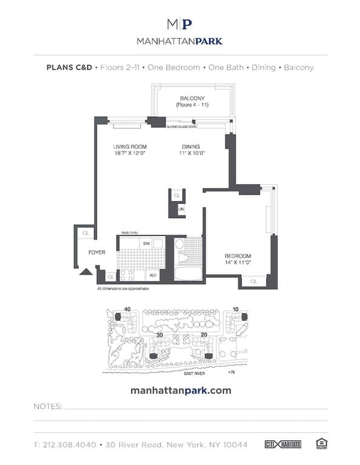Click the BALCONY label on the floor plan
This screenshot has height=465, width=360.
pyautogui.click(x=192, y=98)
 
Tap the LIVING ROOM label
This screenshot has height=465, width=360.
pyautogui.click(x=130, y=147)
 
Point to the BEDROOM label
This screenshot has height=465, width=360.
pyautogui.click(x=237, y=256)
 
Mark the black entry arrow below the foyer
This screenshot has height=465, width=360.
pyautogui.click(x=85, y=272)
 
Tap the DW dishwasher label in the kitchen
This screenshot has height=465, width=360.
pyautogui.click(x=146, y=243)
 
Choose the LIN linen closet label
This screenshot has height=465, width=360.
pyautogui.click(x=181, y=209)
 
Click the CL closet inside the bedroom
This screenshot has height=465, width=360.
pyautogui.click(x=253, y=282)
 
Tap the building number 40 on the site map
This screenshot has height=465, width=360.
pyautogui.click(x=127, y=309)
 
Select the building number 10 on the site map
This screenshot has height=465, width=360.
pyautogui.click(x=236, y=309)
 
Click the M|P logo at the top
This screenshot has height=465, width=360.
pyautogui.click(x=180, y=24)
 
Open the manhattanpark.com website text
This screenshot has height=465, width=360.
pyautogui.click(x=181, y=391)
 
